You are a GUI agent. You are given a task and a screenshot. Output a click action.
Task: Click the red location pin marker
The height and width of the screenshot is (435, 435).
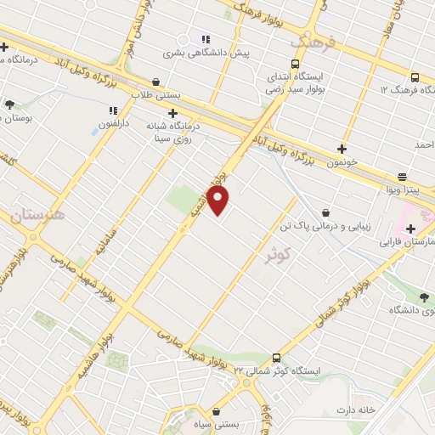(x=218, y=201)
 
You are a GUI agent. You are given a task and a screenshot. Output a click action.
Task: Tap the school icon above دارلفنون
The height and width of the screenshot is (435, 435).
(x=112, y=110)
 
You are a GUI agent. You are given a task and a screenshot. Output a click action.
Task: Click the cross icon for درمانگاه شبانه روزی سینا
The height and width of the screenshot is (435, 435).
(x=173, y=112)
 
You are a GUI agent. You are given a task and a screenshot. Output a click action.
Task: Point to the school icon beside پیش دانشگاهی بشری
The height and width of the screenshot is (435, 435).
(x=205, y=38)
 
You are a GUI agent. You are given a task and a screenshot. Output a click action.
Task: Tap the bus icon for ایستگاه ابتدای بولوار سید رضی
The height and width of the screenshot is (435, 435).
(x=295, y=64)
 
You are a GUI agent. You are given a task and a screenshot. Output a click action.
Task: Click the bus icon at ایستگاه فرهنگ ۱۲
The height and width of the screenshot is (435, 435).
(x=414, y=76)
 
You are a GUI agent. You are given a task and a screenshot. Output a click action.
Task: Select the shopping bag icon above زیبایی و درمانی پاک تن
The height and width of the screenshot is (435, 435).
(x=326, y=213)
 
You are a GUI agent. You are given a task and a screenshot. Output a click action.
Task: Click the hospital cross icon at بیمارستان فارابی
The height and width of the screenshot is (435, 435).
(x=410, y=229)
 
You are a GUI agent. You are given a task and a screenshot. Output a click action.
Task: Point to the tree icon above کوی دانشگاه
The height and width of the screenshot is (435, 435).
(x=425, y=295)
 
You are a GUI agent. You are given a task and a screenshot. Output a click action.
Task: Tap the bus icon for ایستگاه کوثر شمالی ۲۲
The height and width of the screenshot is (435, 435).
(x=276, y=358)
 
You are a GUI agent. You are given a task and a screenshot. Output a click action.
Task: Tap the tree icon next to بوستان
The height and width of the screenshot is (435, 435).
(x=9, y=105)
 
